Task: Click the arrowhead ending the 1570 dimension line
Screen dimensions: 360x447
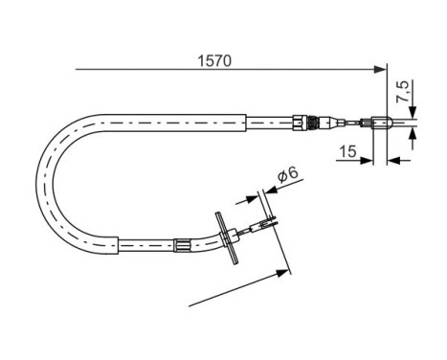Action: coord(381,70)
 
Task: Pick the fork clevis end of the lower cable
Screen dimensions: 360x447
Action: coord(262,226)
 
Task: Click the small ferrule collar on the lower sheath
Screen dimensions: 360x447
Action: coord(181,248)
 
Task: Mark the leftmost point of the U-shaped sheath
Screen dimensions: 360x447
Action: coord(39,181)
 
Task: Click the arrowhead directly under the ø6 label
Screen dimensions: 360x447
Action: coord(260,196)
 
